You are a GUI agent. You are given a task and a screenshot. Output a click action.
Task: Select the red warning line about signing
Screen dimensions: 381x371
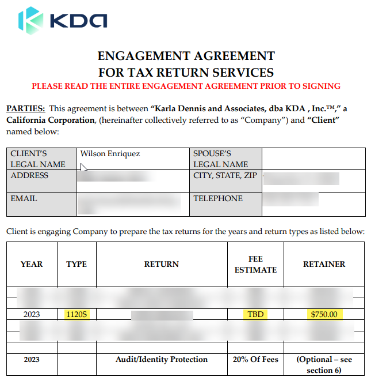[x=186, y=86]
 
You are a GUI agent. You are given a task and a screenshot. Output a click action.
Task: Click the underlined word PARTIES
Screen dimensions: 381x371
[x=25, y=108]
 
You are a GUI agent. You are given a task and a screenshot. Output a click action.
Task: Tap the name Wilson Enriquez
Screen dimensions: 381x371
[x=110, y=154]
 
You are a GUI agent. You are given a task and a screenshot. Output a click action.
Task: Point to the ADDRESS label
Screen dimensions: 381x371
[x=30, y=176]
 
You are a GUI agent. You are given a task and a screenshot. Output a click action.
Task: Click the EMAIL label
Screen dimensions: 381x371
[x=24, y=199]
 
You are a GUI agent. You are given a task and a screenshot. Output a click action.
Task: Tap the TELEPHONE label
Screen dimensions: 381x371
[x=218, y=199]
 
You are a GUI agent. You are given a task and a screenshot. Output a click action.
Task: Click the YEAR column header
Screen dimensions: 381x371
[x=32, y=264]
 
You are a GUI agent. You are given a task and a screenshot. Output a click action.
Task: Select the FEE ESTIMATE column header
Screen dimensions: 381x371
[x=255, y=264]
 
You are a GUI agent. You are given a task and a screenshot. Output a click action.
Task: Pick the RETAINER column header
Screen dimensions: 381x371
[x=324, y=264]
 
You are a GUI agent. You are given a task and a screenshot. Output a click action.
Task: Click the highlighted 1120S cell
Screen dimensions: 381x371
[x=77, y=315]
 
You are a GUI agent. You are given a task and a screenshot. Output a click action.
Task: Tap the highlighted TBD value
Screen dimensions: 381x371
[x=255, y=315]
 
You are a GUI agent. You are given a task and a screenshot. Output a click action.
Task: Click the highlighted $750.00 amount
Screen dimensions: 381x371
[x=324, y=315]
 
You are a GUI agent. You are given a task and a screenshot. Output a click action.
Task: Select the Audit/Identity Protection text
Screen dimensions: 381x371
[x=162, y=360]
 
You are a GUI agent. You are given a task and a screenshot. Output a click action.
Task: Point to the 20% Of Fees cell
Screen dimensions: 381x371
[x=255, y=360]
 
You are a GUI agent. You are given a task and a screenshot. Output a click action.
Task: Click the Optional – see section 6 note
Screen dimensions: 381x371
[x=324, y=364]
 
